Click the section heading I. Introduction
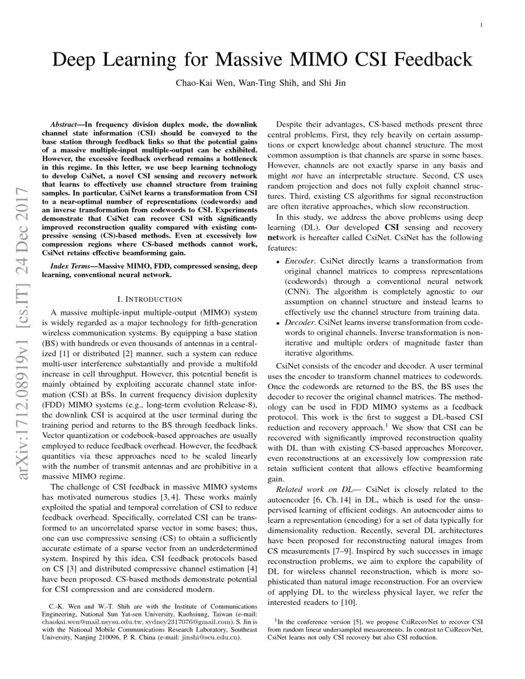(147, 299)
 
